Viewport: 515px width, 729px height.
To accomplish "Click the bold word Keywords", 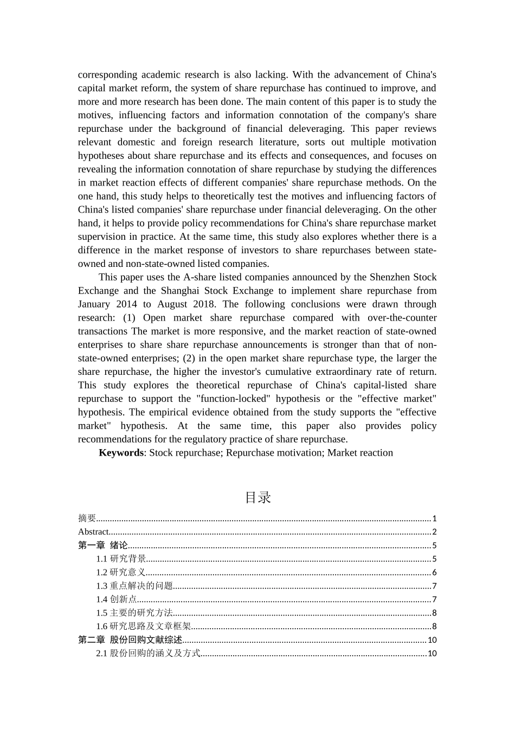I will [x=121, y=453].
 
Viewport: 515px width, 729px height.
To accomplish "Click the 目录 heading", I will [x=257, y=497].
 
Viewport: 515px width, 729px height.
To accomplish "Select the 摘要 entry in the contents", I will [x=87, y=519].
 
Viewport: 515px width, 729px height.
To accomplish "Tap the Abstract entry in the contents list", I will [x=93, y=532].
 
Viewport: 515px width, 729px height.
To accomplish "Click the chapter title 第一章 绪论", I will [x=103, y=546].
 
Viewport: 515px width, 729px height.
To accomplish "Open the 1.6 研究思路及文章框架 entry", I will [x=144, y=626].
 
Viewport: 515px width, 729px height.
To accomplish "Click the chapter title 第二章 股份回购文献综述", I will [x=130, y=640].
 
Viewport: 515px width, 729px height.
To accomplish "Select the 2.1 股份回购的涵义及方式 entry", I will [x=148, y=654].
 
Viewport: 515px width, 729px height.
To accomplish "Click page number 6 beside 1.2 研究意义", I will [x=434, y=573].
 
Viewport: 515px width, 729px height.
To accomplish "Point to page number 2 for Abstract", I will [x=434, y=532].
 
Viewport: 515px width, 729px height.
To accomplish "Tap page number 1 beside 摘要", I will [x=434, y=519].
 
